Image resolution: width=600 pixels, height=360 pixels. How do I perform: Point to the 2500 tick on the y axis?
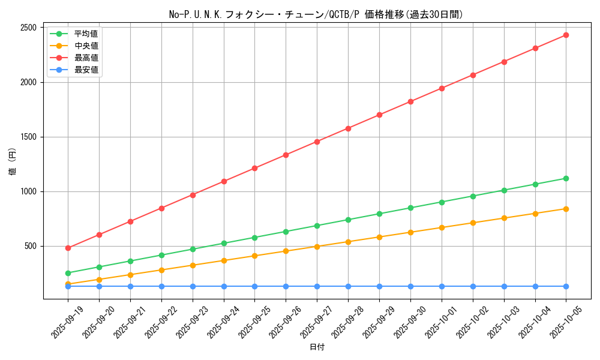(28, 28)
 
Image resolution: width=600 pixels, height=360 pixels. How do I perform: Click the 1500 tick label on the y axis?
(28, 137)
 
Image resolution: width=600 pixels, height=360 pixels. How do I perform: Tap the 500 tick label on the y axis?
(30, 246)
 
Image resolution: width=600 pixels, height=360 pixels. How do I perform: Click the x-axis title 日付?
(317, 347)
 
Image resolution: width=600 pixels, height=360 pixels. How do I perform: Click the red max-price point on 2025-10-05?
(566, 35)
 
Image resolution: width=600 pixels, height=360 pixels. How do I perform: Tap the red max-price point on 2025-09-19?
(68, 248)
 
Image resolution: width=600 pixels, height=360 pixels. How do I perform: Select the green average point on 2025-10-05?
(566, 178)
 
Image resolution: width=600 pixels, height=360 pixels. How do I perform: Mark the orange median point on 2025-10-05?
(566, 209)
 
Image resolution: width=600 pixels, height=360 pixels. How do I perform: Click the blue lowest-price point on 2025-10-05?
(566, 286)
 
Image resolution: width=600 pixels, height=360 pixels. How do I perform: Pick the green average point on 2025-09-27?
(317, 226)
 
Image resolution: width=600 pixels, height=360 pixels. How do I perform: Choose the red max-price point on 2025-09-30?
(410, 101)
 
